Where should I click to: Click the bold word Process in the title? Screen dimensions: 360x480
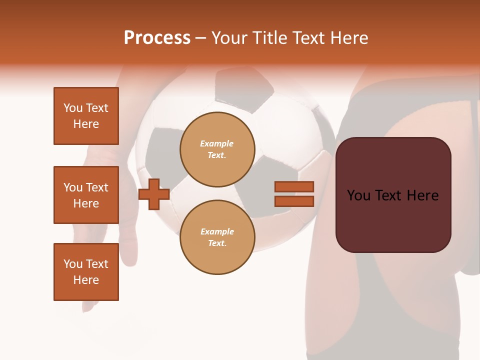pyautogui.click(x=157, y=38)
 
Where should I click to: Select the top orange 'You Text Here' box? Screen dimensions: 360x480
pyautogui.click(x=86, y=116)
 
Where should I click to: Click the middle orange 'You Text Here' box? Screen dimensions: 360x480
pyautogui.click(x=86, y=195)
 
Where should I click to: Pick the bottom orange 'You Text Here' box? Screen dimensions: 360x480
pyautogui.click(x=86, y=272)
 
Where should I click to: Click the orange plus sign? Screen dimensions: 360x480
pyautogui.click(x=154, y=194)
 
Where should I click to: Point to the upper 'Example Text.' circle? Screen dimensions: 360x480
pyautogui.click(x=217, y=149)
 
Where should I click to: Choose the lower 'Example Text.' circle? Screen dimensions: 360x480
pyautogui.click(x=217, y=237)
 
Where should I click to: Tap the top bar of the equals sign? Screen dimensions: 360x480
pyautogui.click(x=294, y=186)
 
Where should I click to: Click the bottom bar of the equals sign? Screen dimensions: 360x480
pyautogui.click(x=294, y=201)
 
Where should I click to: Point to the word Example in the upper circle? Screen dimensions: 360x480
pyautogui.click(x=217, y=143)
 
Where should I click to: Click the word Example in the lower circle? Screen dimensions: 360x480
pyautogui.click(x=217, y=231)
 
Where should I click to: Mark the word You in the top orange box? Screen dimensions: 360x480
pyautogui.click(x=72, y=108)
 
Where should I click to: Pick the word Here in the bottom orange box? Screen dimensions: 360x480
pyautogui.click(x=86, y=280)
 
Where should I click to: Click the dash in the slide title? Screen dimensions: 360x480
pyautogui.click(x=201, y=38)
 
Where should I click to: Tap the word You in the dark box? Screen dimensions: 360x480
pyautogui.click(x=358, y=195)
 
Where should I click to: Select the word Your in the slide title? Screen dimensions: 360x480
pyautogui.click(x=229, y=38)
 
